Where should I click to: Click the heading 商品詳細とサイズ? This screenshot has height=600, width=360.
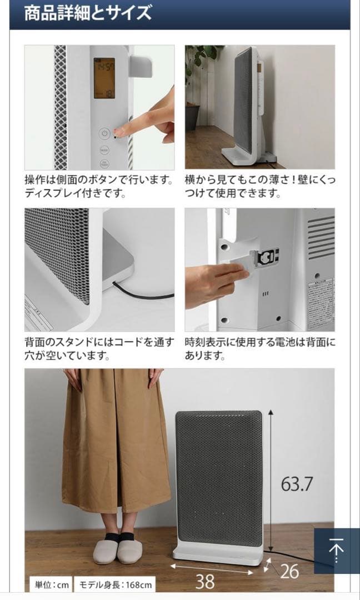[x=88, y=13]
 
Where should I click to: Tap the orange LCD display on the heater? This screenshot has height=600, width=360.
[x=104, y=78]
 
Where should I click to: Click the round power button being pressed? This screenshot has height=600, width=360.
[x=104, y=133]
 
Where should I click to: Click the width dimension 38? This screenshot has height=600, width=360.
[x=206, y=581]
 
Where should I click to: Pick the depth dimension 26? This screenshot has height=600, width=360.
[x=289, y=571]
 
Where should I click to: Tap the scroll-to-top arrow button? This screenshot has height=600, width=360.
[x=336, y=551]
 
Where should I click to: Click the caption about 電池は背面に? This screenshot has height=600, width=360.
[x=260, y=349]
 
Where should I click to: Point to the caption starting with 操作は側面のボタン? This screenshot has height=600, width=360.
[x=98, y=187]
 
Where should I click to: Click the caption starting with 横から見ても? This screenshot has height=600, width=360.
[x=260, y=187]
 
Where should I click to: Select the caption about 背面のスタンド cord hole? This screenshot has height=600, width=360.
[x=98, y=349]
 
